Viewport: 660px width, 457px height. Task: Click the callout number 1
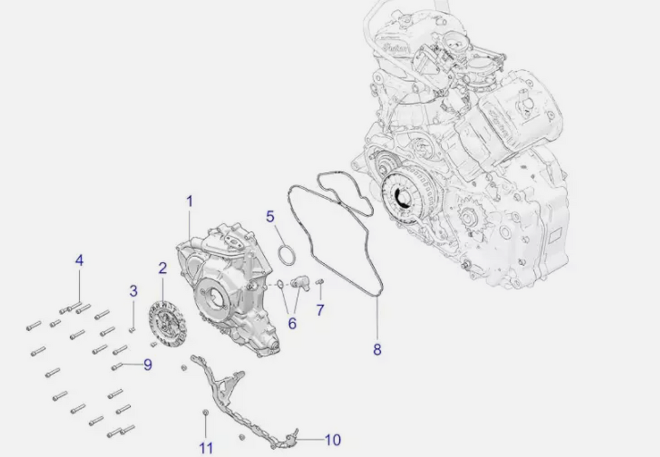(189, 201)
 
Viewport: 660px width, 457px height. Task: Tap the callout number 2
(162, 268)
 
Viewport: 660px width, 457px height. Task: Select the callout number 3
(133, 291)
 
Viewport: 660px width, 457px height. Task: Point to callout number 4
(79, 260)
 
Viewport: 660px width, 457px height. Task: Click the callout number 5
(270, 217)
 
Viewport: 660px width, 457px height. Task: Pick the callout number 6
(292, 323)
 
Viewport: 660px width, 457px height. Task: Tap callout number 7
(320, 311)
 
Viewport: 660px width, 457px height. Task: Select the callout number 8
(377, 349)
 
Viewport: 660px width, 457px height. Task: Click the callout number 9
(148, 365)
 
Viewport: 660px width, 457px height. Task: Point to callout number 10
(333, 440)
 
